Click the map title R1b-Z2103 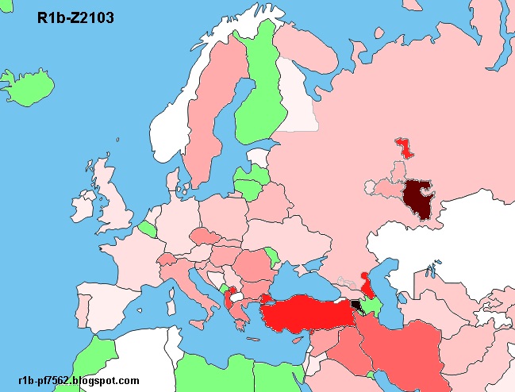coord(75,17)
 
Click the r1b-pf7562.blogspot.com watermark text coord(77,381)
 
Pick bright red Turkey coord(306,313)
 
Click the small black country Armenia coord(355,304)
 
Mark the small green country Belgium coord(148,230)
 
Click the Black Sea coord(306,278)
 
